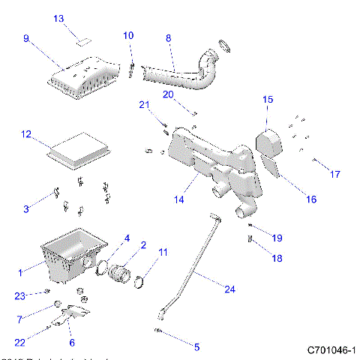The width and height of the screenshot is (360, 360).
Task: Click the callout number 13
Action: pyautogui.click(x=58, y=18)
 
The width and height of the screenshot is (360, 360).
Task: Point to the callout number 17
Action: pyautogui.click(x=334, y=174)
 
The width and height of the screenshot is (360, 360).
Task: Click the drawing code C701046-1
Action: pyautogui.click(x=331, y=350)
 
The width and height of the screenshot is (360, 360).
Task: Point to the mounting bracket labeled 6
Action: pyautogui.click(x=73, y=313)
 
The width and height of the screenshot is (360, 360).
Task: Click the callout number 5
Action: pyautogui.click(x=196, y=347)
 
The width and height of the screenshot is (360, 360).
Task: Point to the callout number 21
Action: pyautogui.click(x=144, y=105)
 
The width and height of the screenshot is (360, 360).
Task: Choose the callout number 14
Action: pyautogui.click(x=179, y=200)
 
